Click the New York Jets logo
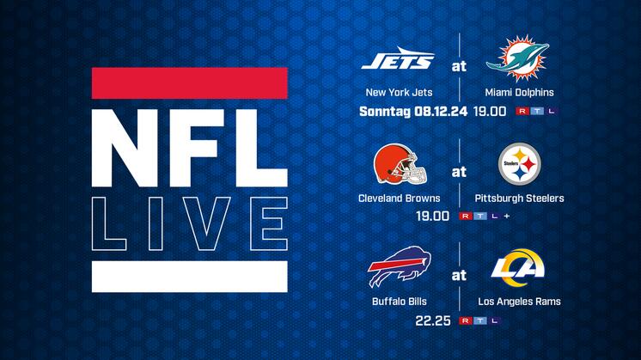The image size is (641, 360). [x=398, y=58]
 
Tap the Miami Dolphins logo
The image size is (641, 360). [x=518, y=58]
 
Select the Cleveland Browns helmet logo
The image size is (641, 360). [x=400, y=164]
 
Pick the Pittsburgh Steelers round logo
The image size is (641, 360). [x=520, y=164]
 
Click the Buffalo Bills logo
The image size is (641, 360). [x=399, y=266]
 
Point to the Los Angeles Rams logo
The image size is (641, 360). [x=518, y=268]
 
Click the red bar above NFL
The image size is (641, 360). [x=190, y=83]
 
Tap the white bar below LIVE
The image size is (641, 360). [x=190, y=277]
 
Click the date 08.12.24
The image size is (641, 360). [x=441, y=111]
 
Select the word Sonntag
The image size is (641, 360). [x=385, y=112]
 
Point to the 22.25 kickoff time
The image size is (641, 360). [x=433, y=320]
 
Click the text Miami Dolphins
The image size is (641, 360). [x=519, y=92]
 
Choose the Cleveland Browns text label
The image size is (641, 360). [x=399, y=198]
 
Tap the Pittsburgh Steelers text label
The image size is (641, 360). [x=519, y=198]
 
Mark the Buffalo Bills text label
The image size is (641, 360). [x=400, y=302]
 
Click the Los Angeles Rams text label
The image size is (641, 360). [x=519, y=302]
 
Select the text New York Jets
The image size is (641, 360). [x=399, y=92]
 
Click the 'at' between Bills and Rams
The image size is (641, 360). [x=459, y=276]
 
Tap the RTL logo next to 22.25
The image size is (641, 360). [x=479, y=320]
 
